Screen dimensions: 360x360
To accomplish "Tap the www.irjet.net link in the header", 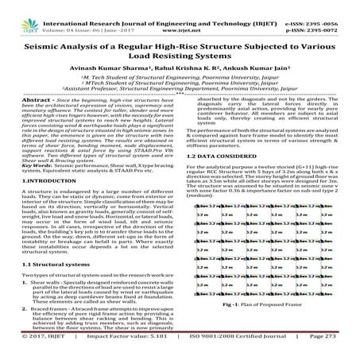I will [179, 15].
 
